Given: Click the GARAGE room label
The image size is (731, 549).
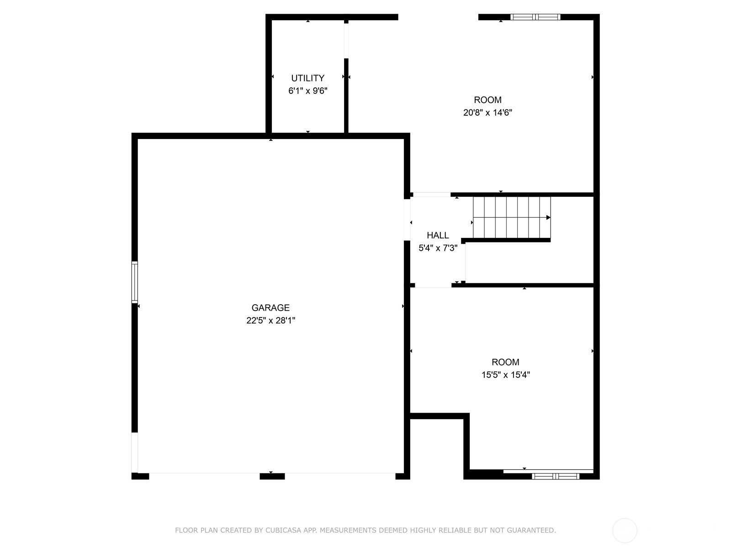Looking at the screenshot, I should click(270, 308).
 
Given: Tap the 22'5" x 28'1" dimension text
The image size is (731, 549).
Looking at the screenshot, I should click(270, 321).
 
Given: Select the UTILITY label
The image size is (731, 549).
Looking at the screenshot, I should click(307, 78).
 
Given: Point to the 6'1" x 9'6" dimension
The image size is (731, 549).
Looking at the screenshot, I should click(307, 91).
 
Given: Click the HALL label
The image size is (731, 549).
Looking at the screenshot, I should click(438, 236).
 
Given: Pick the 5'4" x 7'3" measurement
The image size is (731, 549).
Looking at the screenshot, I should click(438, 248).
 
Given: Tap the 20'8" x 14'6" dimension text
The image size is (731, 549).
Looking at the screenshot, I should click(487, 113).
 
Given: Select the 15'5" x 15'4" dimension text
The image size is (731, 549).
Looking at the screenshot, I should click(505, 375).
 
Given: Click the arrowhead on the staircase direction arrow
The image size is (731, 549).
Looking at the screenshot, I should click(548, 217).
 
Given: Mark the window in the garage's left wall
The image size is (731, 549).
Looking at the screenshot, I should click(135, 282).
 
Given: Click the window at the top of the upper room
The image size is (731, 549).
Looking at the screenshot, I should click(535, 17).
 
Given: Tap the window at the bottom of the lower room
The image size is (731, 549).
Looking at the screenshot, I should click(556, 476).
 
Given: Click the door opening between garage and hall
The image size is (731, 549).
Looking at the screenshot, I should click(407, 220).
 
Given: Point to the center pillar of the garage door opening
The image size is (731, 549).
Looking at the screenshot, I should click(272, 476).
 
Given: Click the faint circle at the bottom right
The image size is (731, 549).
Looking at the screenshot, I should click(625, 531).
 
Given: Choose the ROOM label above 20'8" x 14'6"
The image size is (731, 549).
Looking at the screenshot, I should click(487, 100).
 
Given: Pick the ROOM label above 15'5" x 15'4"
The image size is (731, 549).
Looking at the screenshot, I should click(505, 362).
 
